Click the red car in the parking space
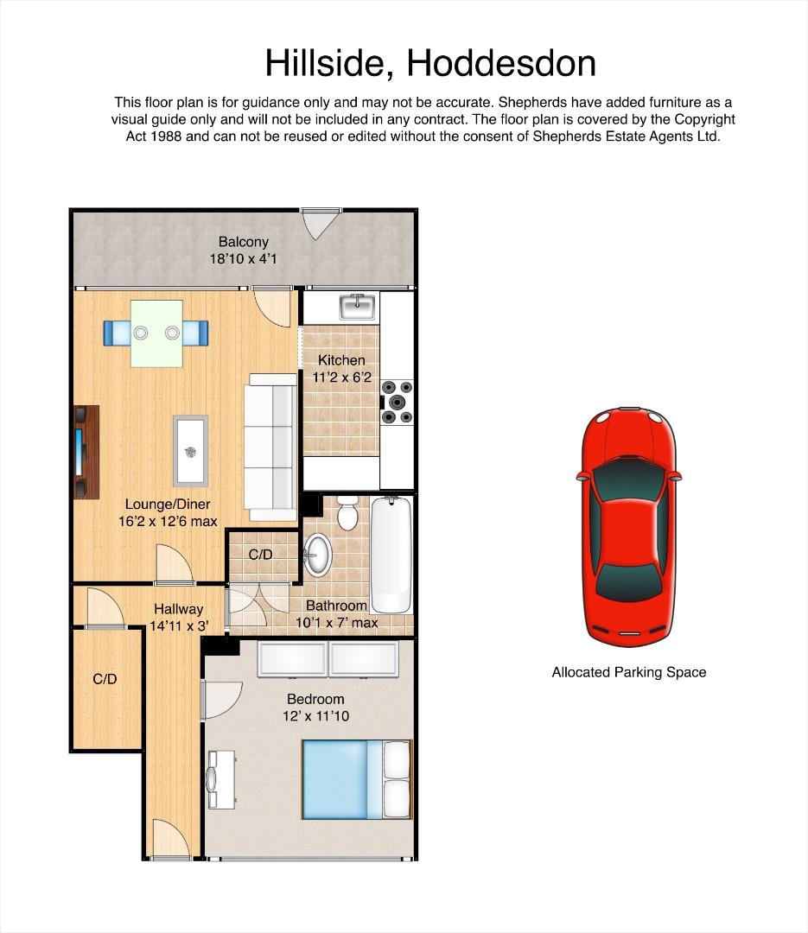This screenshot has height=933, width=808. [629, 527]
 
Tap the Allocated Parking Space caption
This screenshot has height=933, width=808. [629, 672]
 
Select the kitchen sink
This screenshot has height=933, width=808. [358, 307]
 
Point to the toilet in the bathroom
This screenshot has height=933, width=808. [347, 512]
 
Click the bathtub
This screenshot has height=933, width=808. [391, 555]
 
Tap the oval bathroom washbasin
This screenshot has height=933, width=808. [317, 555]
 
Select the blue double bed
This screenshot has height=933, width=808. [357, 779]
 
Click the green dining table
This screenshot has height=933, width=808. [156, 333]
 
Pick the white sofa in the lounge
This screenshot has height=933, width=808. [270, 447]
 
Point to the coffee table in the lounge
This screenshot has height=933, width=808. [190, 450]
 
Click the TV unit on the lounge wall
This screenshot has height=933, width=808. [86, 452]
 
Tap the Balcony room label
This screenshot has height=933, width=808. [244, 242]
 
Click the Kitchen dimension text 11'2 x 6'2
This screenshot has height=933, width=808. [341, 378]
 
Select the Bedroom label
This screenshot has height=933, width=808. [315, 699]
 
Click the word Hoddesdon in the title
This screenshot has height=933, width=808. [500, 63]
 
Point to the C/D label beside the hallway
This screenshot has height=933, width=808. [105, 679]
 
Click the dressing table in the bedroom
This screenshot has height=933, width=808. [221, 779]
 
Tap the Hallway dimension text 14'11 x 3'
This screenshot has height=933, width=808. [179, 626]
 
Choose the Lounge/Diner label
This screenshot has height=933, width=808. [168, 504]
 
